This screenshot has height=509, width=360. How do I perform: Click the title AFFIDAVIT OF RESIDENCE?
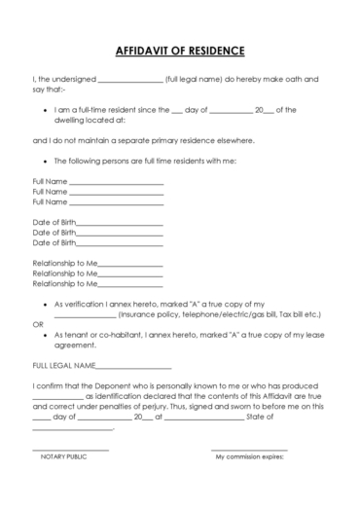(x=179, y=51)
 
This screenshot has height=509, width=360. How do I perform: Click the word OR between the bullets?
(x=38, y=325)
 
